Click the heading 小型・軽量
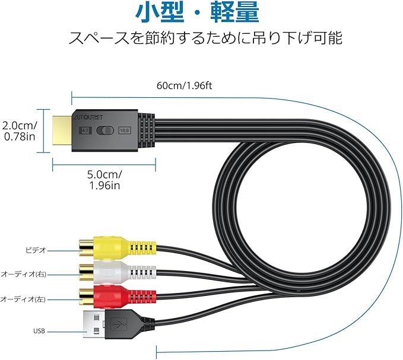202,13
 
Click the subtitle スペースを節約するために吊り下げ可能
202,39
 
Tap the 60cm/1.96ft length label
184,84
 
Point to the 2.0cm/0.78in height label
18,131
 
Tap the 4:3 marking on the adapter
84,130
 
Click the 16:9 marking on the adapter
125,130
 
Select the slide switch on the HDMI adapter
104,130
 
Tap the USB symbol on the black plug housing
118,324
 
